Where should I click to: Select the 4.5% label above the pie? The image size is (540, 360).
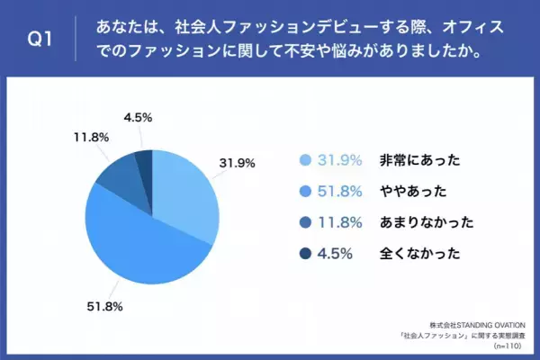pyautogui.click(x=136, y=115)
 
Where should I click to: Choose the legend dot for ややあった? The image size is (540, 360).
pyautogui.click(x=305, y=192)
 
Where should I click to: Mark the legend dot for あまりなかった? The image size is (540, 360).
pyautogui.click(x=305, y=222)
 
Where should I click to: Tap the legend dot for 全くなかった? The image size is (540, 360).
pyautogui.click(x=305, y=254)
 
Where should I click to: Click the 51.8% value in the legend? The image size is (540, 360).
pyautogui.click(x=341, y=192)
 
